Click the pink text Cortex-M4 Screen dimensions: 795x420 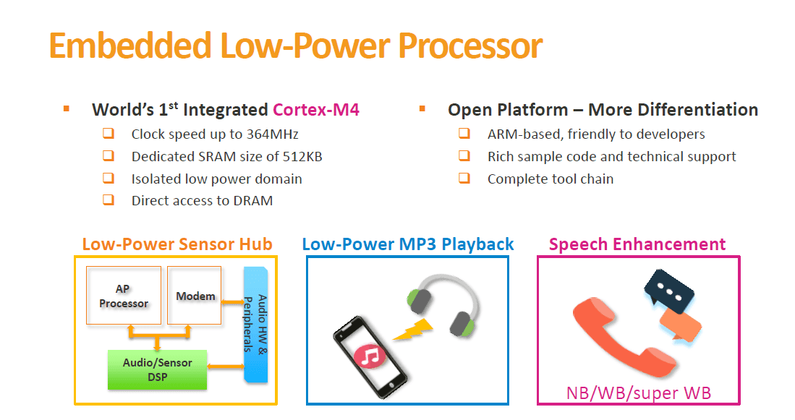click(x=316, y=109)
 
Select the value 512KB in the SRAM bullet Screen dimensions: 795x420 click(x=302, y=157)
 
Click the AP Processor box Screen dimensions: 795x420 click(x=124, y=296)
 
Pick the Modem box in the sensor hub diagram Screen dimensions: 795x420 click(x=194, y=296)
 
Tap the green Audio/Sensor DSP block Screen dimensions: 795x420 click(x=157, y=370)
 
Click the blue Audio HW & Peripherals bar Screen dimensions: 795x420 click(x=255, y=325)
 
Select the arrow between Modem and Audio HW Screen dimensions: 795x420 click(x=233, y=302)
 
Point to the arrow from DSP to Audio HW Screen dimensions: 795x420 click(x=226, y=367)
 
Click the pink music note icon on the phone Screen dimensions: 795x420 click(x=370, y=356)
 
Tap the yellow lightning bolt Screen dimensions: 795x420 click(x=413, y=330)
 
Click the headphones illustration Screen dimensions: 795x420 click(x=443, y=305)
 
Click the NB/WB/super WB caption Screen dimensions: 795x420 click(x=638, y=393)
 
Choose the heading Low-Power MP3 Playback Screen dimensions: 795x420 click(x=408, y=244)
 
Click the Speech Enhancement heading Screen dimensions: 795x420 click(x=637, y=244)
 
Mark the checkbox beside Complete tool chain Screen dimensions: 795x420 click(x=464, y=179)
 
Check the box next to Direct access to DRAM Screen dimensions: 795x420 click(x=109, y=200)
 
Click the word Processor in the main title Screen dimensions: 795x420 click(x=470, y=46)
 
